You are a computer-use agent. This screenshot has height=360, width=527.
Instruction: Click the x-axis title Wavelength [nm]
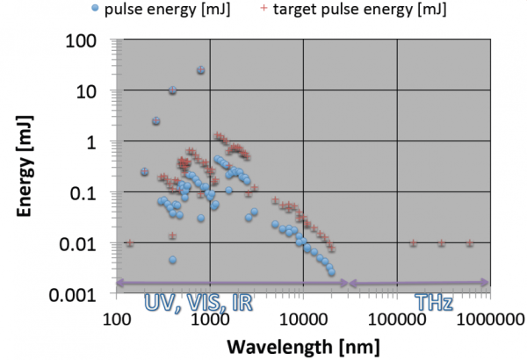303,346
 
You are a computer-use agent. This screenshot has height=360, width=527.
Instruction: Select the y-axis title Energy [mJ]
26,167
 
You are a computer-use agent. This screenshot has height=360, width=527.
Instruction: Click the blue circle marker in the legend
119,11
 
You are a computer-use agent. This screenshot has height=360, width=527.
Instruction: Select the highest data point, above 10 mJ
200,70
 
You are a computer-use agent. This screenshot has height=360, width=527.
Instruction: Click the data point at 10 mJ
172,90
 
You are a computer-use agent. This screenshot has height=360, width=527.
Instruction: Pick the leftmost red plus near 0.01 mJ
130,243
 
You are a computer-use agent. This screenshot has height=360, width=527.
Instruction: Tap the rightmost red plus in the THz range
470,243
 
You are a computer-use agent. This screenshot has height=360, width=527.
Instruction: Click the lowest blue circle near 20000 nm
332,272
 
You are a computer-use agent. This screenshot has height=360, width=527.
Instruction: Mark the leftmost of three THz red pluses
414,243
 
